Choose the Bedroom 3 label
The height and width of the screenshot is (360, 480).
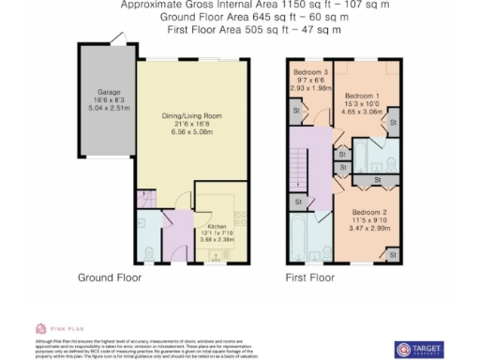[x=311, y=72]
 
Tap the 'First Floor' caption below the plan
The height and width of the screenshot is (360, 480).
[x=309, y=278]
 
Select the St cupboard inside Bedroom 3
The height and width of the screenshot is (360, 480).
[x=297, y=112]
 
